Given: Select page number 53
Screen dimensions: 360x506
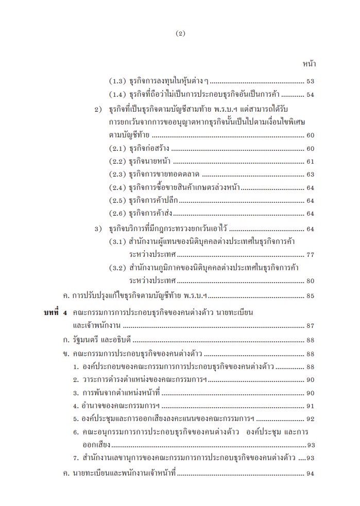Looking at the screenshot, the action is (310, 81).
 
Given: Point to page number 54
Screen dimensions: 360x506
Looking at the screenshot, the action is (310, 95).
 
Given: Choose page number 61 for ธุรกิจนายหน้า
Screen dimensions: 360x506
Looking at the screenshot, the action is (310, 162).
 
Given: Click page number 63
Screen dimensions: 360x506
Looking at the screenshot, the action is (310, 175).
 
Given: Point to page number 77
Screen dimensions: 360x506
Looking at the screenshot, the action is (310, 255).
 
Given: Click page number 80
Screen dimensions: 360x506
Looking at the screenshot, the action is (310, 281).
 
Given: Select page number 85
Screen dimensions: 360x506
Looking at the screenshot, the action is (310, 296).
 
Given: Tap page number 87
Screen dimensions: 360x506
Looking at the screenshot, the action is (310, 326).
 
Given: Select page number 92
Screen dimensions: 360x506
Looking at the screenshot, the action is (310, 419).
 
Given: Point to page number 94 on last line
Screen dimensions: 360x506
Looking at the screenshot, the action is (310, 474).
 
